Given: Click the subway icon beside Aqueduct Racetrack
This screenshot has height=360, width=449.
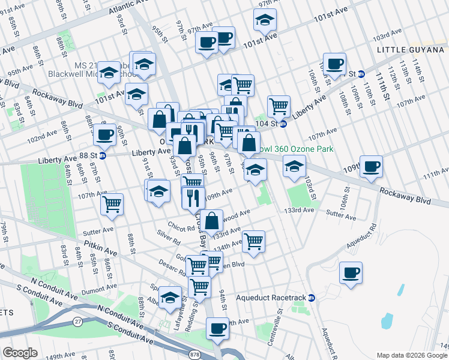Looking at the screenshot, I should tap(312, 298).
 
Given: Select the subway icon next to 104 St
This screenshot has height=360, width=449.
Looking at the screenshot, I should tap(283, 124).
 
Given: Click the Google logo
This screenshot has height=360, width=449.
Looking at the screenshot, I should tap(20, 353).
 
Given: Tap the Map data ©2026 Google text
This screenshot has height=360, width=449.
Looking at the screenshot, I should tap(411, 355).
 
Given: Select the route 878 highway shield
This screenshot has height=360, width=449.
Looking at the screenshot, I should tap(194, 355).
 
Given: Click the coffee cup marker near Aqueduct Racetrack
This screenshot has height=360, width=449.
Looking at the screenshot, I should tap(351, 272).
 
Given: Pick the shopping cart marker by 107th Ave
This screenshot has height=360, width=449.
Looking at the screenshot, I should tap(112, 204).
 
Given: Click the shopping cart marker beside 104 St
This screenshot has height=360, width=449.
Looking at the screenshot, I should tap(279, 106).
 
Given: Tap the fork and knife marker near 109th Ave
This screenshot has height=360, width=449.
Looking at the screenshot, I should tap(193, 197).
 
